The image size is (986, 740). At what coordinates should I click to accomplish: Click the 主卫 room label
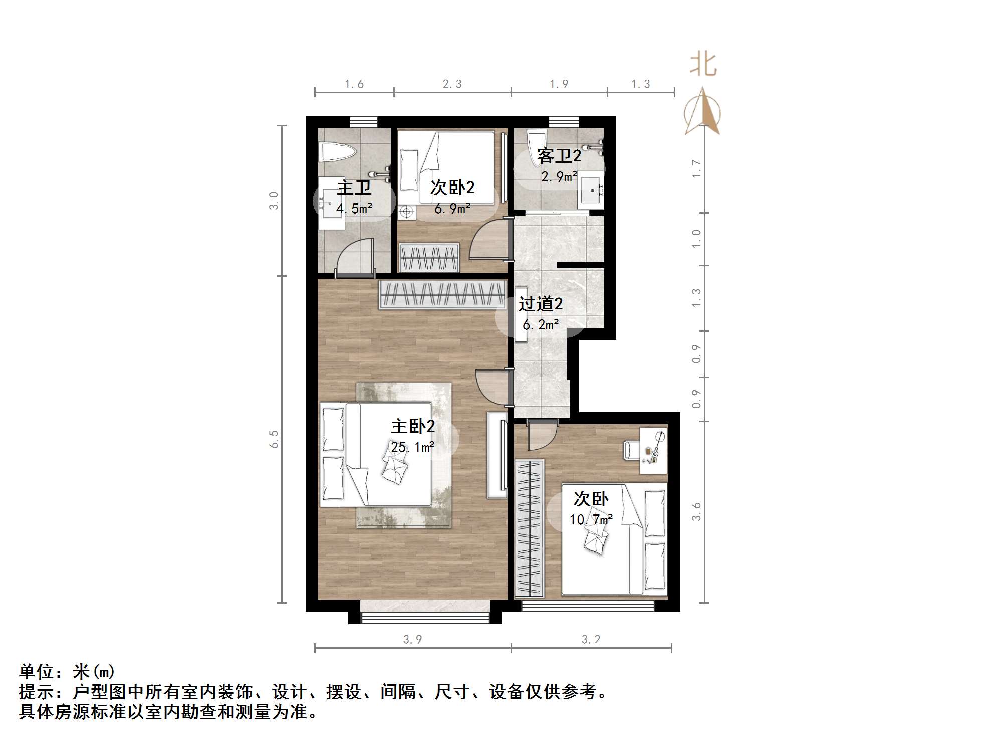pyautogui.click(x=354, y=188)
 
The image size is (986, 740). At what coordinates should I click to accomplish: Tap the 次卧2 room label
pyautogui.click(x=452, y=188)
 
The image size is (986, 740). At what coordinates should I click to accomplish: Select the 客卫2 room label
pyautogui.click(x=559, y=156)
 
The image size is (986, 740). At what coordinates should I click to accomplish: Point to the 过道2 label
pyautogui.click(x=540, y=304)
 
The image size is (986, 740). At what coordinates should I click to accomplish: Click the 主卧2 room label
pyautogui.click(x=413, y=427)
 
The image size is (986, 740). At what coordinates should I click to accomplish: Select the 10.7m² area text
pyautogui.click(x=591, y=519)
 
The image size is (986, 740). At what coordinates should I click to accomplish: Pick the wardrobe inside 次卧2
pyautogui.click(x=429, y=257)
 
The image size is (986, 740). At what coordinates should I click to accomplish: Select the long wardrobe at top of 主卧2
pyautogui.click(x=442, y=294)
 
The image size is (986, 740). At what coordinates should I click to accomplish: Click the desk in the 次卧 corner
pyautogui.click(x=654, y=450)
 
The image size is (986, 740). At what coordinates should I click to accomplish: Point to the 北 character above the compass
pyautogui.click(x=703, y=65)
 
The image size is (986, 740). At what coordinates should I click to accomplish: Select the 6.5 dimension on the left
pyautogui.click(x=274, y=439)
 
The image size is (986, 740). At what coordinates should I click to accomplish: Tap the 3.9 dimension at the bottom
pyautogui.click(x=412, y=640)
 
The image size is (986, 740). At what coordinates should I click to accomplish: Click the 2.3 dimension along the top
pyautogui.click(x=452, y=84)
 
